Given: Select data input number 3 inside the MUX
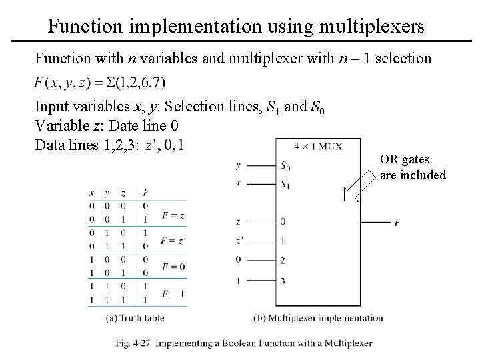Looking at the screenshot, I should click(x=283, y=280).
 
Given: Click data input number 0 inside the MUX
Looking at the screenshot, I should click(x=283, y=221).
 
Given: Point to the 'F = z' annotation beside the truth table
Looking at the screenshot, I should click(x=173, y=215).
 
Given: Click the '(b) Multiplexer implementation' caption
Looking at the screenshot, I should click(x=319, y=318).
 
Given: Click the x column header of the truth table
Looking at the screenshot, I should click(x=91, y=193).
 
